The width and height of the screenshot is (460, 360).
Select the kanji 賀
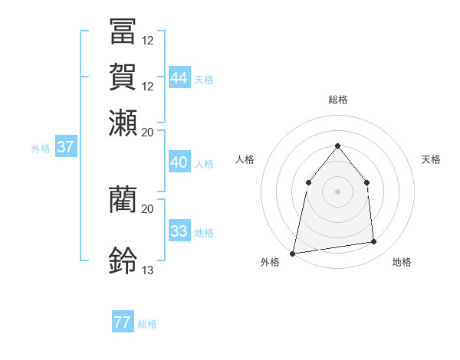123,77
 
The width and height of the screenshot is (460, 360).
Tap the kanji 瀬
123,123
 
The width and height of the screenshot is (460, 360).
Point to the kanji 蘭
123,199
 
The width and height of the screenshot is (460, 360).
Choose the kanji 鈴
123,261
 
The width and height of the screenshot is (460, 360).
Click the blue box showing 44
179,77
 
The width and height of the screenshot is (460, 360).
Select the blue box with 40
179,162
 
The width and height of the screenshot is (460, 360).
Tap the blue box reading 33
179,231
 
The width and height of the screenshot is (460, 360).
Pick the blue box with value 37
65,147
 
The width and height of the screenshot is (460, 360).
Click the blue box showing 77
123,322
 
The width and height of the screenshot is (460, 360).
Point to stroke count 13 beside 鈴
148,270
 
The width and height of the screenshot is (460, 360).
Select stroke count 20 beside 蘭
148,208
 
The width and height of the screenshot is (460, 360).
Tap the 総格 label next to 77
148,324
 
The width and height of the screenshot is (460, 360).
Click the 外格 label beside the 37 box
41,149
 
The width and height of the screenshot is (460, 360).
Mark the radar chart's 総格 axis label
338,100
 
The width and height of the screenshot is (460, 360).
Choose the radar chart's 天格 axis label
432,159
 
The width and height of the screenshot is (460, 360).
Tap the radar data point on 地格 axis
374,242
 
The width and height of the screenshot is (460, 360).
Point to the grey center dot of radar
338,191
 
